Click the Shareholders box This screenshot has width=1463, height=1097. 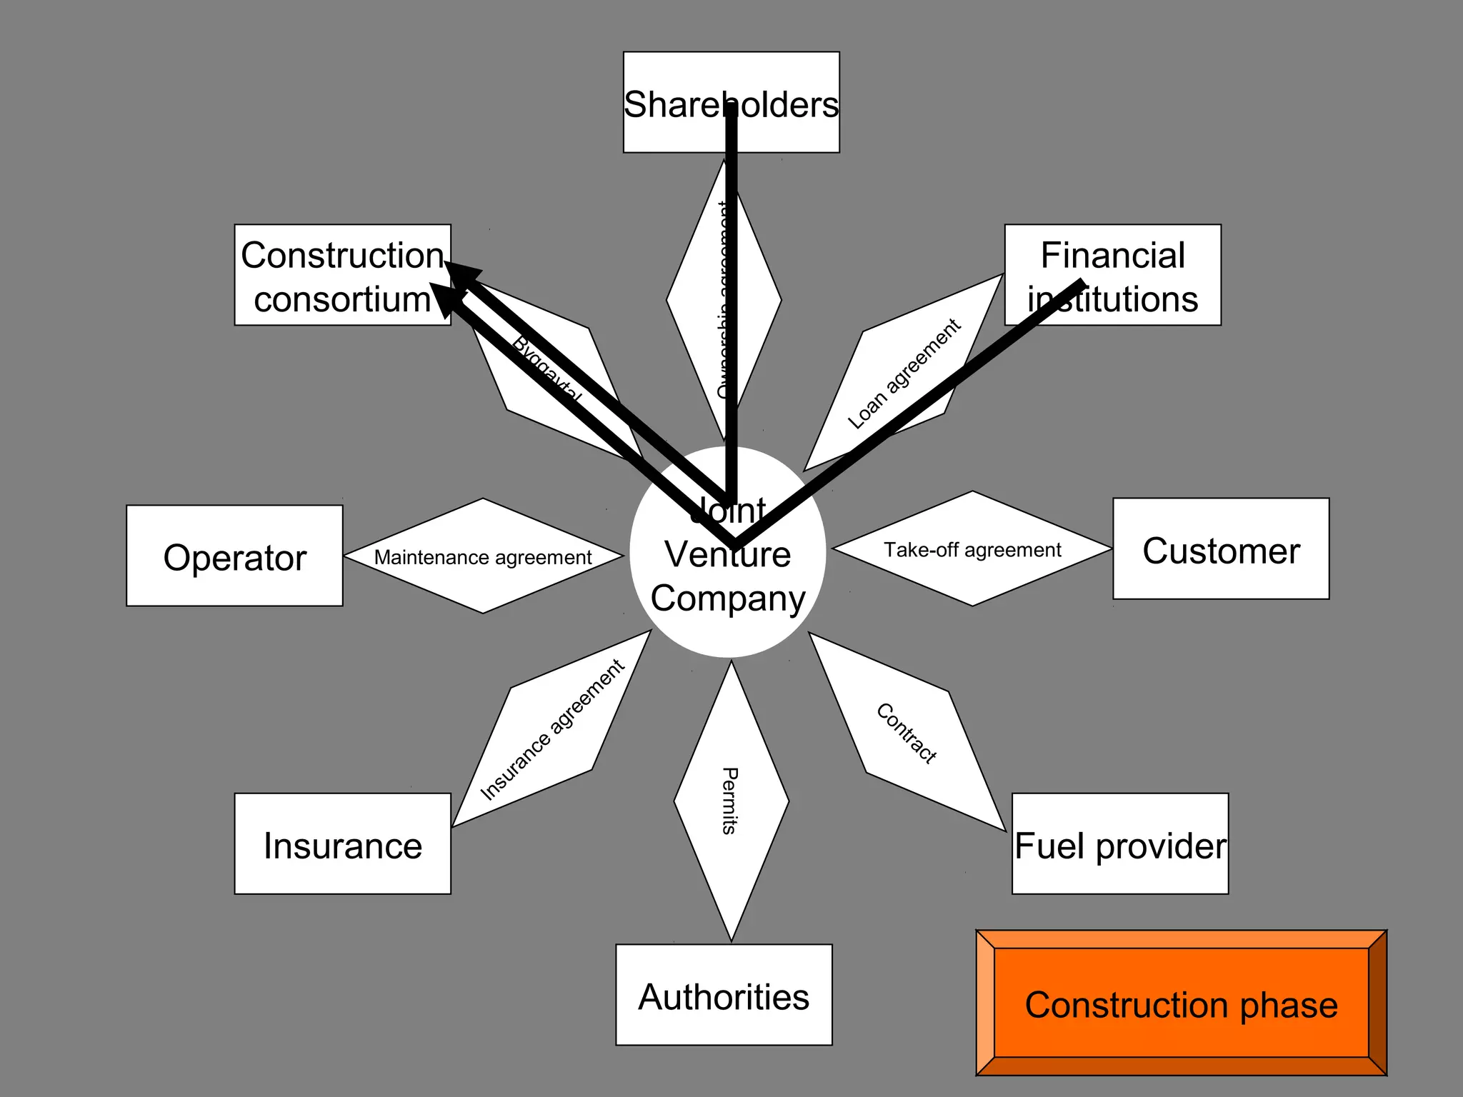pos(731,101)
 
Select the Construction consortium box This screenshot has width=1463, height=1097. pos(342,275)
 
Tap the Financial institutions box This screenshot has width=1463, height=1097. pos(1112,275)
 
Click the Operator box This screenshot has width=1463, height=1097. pos(234,556)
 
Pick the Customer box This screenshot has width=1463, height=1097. pos(1220,548)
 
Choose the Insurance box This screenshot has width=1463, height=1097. pos(342,843)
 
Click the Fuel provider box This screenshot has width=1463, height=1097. pos(1119,843)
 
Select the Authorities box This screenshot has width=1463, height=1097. pos(724,994)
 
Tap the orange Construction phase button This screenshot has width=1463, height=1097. pos(1181,1003)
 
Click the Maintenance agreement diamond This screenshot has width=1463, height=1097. pos(483,556)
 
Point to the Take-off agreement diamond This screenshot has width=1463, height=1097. pos(972,548)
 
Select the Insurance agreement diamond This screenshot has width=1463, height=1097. pos(551,728)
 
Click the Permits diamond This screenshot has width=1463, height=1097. pos(731,801)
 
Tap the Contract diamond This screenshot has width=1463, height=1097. pos(907,732)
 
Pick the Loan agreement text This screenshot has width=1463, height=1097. pos(904,374)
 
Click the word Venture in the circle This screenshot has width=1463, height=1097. pos(727,554)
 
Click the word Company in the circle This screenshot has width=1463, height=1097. pos(727,598)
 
